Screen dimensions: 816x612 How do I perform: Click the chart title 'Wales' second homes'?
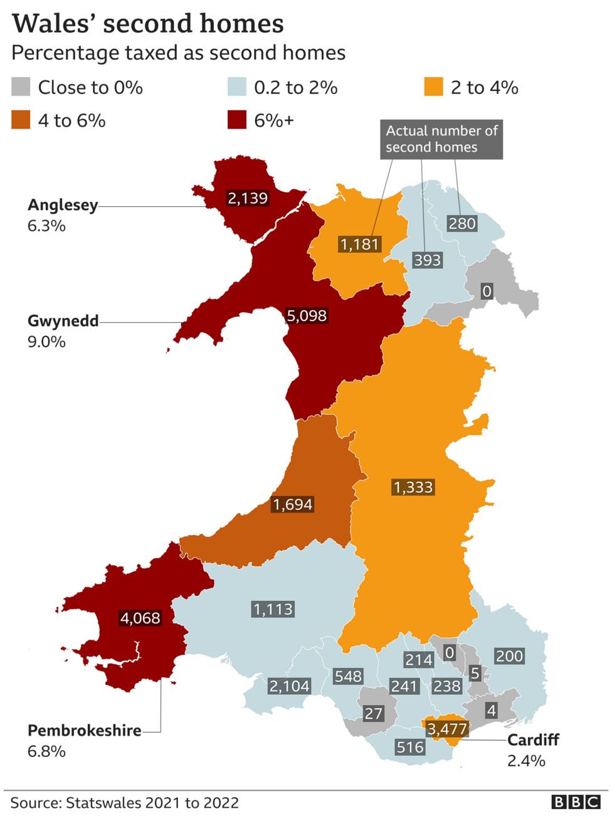click(148, 23)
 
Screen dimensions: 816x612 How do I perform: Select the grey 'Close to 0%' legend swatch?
click(21, 87)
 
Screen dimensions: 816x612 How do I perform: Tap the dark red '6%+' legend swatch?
click(236, 120)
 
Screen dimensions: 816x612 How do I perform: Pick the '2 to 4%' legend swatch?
click(433, 87)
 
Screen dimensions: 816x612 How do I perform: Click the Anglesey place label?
click(63, 205)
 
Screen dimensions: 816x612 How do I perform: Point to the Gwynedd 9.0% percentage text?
click(46, 342)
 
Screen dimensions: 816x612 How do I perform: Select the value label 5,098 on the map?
click(307, 315)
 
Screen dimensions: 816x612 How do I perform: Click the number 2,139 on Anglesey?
click(248, 198)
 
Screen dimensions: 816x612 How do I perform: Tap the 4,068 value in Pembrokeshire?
click(140, 618)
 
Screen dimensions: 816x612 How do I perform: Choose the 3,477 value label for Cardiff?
click(447, 729)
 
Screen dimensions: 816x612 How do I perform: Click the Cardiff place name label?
click(532, 740)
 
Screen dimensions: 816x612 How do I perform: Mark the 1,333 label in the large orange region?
click(413, 487)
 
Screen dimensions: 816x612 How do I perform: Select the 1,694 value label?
click(292, 504)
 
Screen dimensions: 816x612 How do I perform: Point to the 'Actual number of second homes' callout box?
click(441, 139)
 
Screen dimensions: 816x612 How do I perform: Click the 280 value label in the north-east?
click(462, 223)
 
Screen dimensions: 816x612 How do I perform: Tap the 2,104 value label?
click(289, 686)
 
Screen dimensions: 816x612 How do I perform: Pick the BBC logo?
click(576, 802)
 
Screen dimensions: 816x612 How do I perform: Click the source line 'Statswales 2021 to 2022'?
click(125, 803)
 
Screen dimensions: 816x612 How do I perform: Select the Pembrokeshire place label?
click(84, 731)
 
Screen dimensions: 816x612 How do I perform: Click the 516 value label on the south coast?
click(410, 747)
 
